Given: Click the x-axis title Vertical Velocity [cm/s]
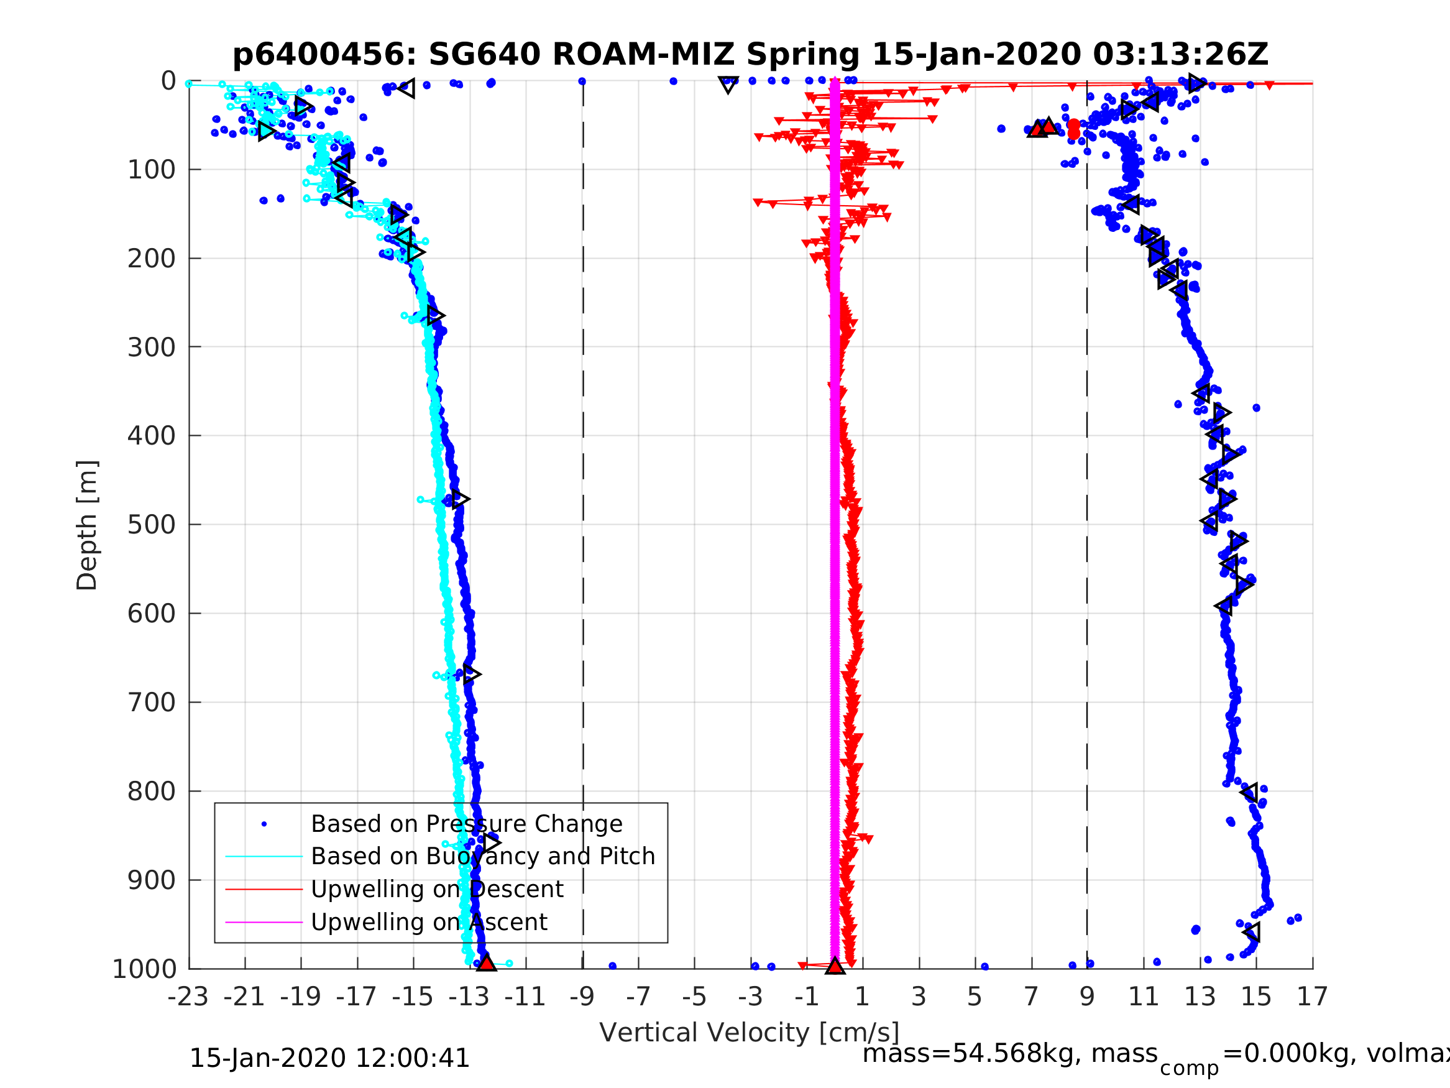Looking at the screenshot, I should point(748,1033).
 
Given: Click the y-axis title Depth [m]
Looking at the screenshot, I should point(87,525).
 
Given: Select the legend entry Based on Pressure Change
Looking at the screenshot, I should point(466,824).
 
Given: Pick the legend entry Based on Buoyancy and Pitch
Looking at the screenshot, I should point(482,857).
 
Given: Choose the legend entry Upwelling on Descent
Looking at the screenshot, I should point(436,889).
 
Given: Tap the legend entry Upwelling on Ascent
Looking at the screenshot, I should point(429,922).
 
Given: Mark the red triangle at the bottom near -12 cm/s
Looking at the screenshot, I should point(486,964).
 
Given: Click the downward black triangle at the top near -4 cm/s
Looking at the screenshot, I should point(728,85).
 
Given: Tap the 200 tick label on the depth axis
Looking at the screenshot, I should point(152,259).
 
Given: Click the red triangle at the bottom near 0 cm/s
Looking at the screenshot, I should point(835,966).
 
